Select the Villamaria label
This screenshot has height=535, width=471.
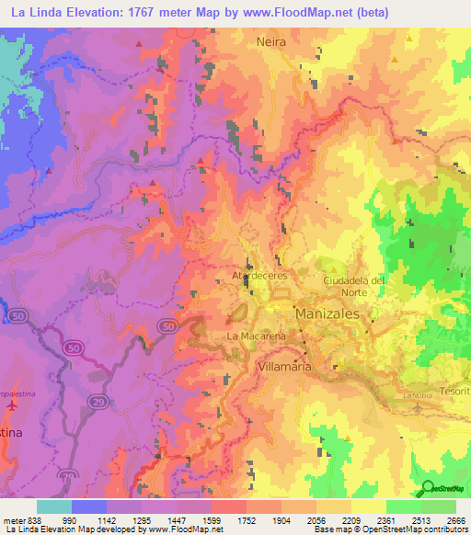pos(283,366)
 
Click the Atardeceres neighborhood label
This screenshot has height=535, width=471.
pos(260,275)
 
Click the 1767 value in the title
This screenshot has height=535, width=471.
pos(126,12)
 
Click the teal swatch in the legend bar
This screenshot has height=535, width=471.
pos(54,507)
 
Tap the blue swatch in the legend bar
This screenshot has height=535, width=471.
pos(89,507)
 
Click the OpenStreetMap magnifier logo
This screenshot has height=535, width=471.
pos(426,489)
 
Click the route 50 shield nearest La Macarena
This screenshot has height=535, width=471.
pos(166,326)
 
